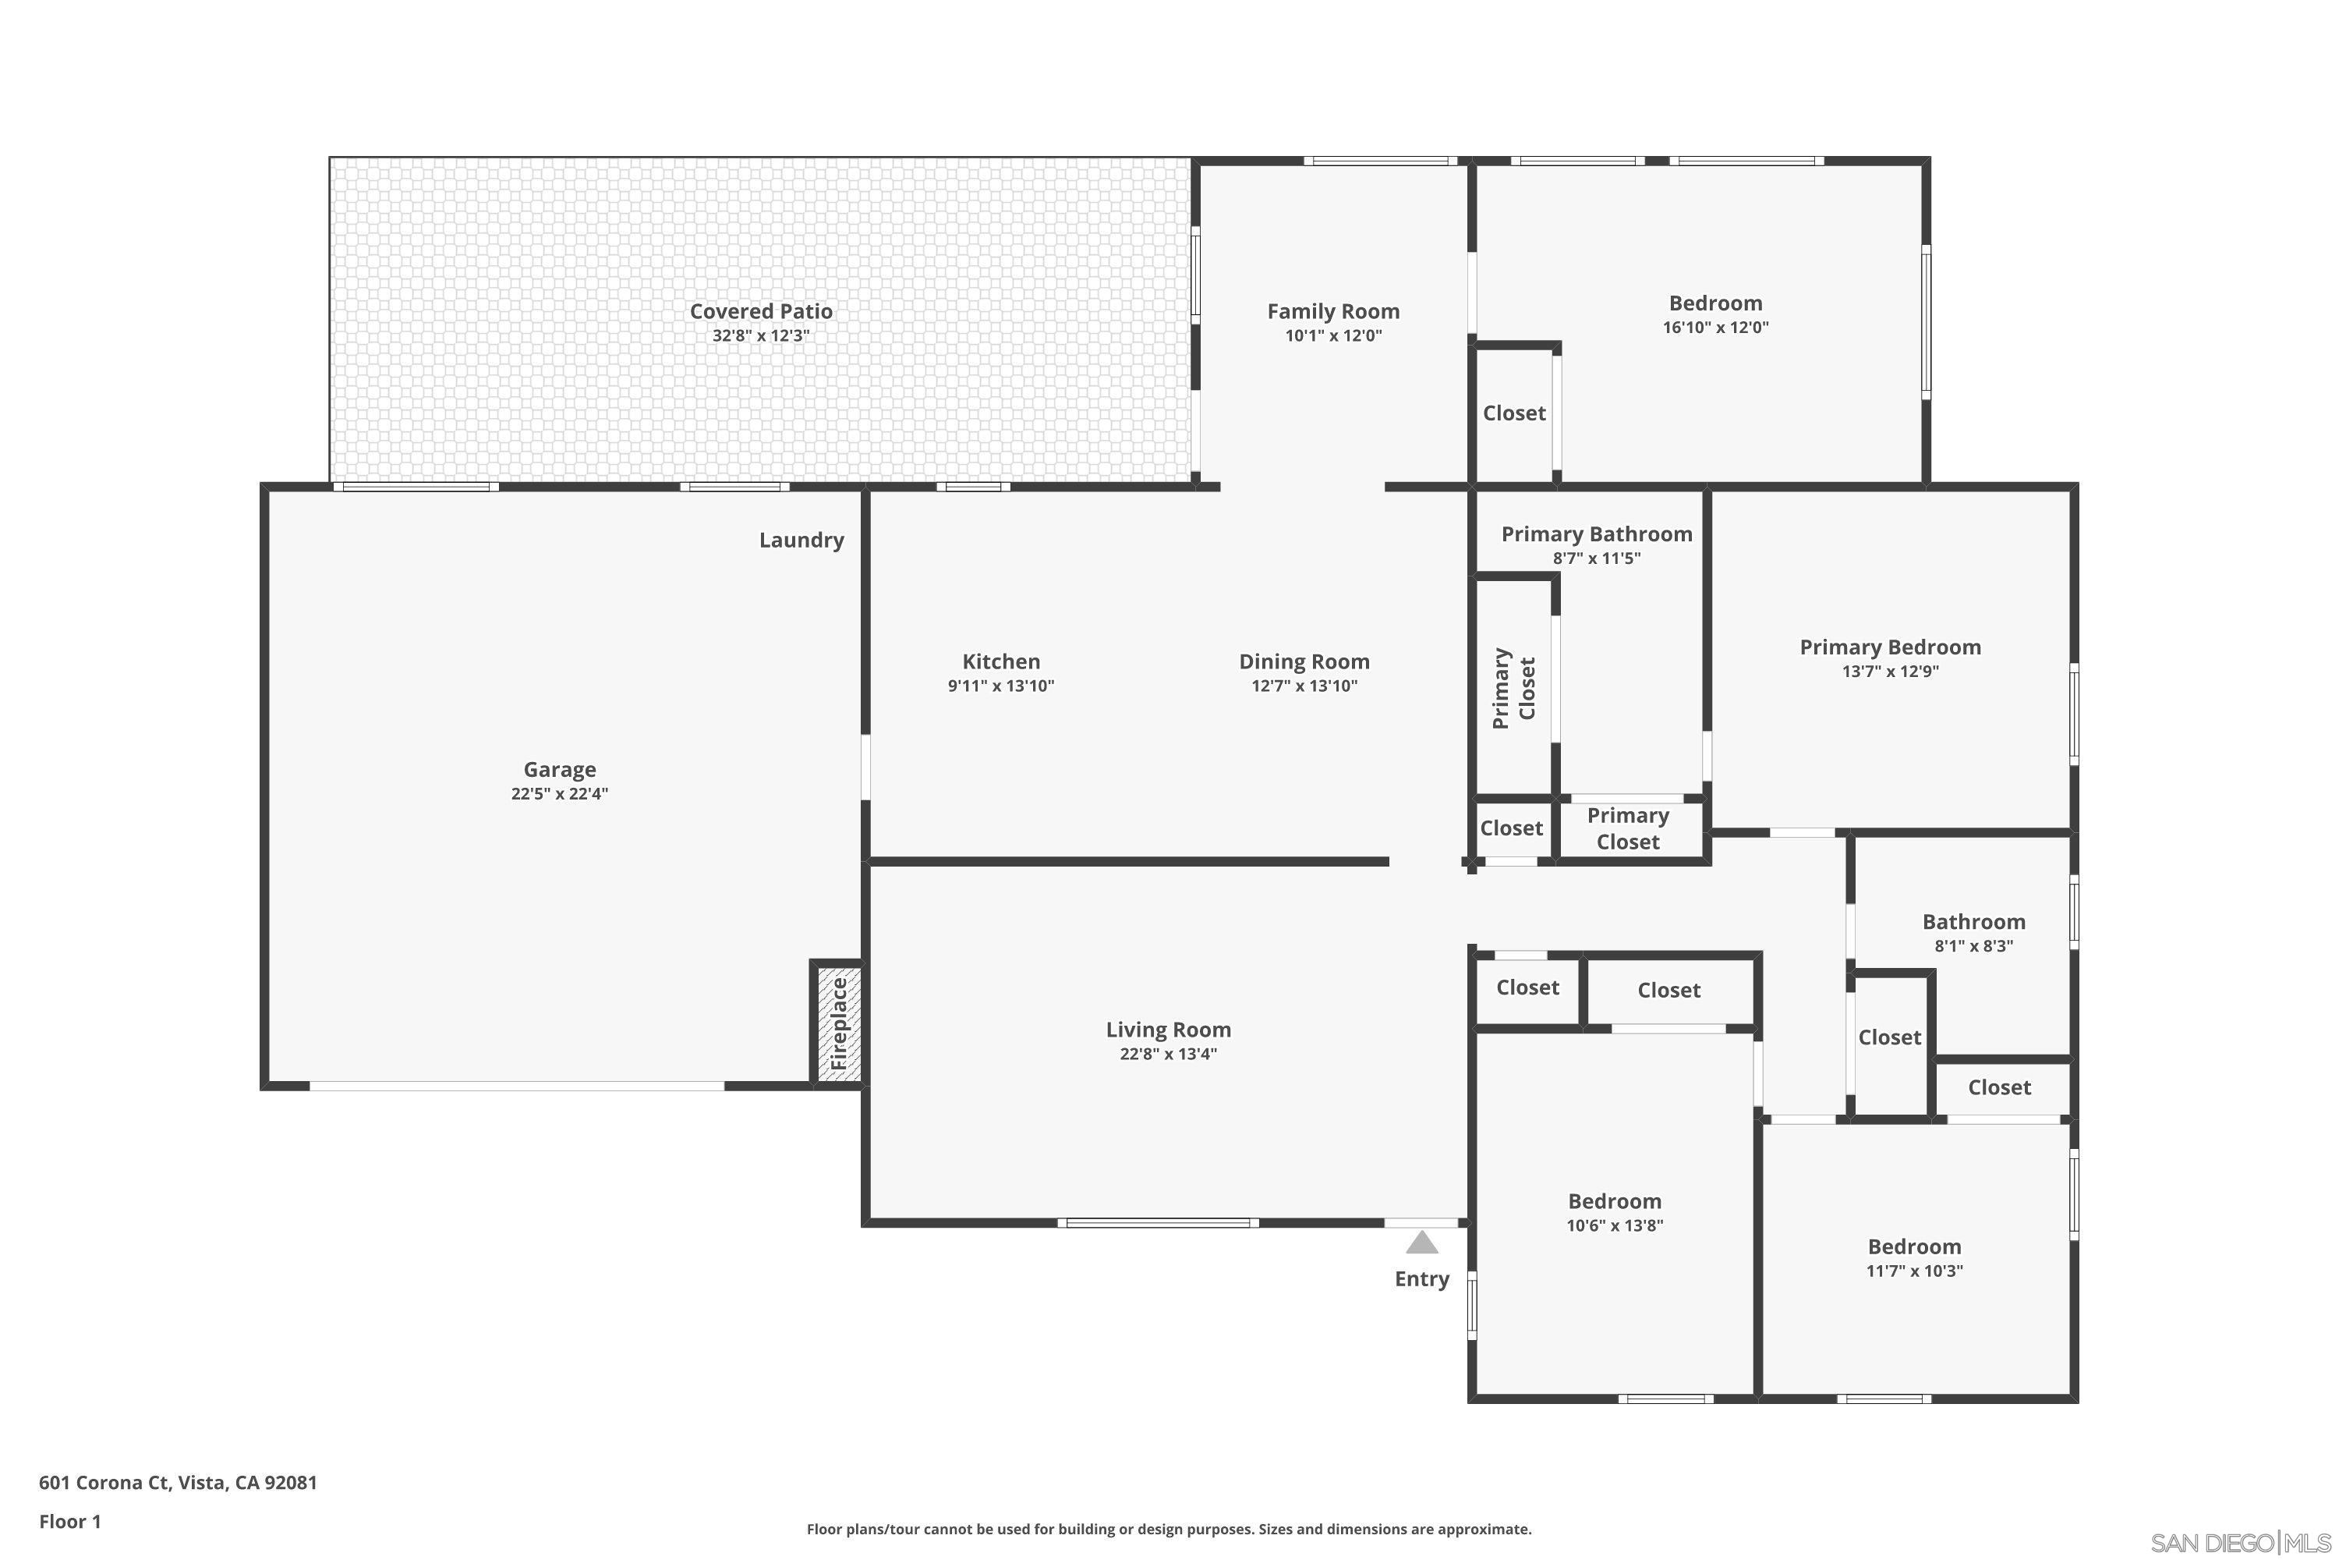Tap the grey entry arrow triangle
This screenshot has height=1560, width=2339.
pos(1422,1243)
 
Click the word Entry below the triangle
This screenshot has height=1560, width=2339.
pos(1422,1279)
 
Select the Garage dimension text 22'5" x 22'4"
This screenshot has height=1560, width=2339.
pos(559,794)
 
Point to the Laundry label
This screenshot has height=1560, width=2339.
pos(801,541)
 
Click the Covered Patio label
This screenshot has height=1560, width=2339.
pos(761,311)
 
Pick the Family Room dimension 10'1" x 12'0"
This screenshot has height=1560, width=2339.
pos(1333,336)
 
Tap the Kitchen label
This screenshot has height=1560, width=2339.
pos(1000,661)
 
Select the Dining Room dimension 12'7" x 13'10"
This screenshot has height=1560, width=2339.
pos(1304,686)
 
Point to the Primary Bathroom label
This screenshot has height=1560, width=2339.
pos(1596,534)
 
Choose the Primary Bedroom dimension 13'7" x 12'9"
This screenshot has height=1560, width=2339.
pos(1889,672)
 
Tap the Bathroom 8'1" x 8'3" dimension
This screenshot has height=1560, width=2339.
pos(1973,947)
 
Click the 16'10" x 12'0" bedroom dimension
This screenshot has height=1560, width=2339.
pos(1715,328)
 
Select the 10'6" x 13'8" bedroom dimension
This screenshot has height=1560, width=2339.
pos(1614,1225)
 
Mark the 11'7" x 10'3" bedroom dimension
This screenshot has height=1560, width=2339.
pos(1913,1271)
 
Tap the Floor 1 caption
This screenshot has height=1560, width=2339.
pos(69,1521)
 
